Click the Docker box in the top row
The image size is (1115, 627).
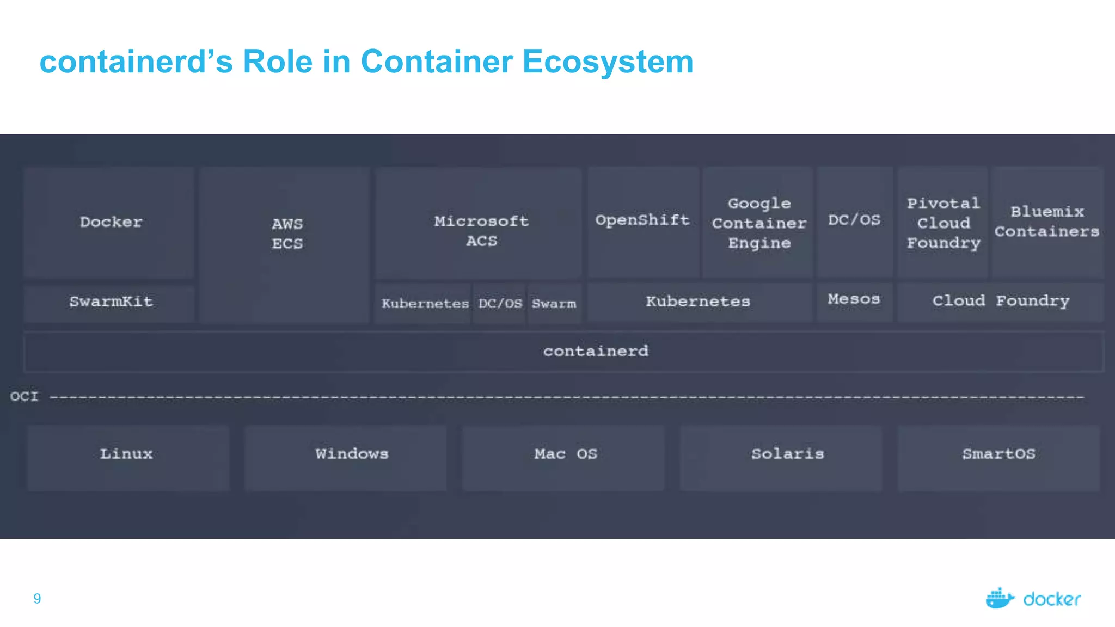(111, 222)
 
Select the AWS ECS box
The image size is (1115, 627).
(286, 234)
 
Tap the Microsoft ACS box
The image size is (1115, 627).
(481, 231)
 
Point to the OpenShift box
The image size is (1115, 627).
(642, 220)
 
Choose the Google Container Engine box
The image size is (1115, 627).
(759, 223)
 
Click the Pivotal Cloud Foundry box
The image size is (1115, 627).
(943, 223)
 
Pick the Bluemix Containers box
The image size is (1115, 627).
(1046, 222)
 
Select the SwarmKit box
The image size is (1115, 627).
(111, 302)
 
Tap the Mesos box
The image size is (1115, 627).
(854, 300)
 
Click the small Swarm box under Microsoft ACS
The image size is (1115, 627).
(554, 304)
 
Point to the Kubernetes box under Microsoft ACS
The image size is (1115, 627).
(425, 304)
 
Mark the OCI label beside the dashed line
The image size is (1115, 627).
(24, 396)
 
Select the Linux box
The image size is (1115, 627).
(127, 454)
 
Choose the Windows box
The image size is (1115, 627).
(352, 454)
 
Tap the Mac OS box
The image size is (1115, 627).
(565, 454)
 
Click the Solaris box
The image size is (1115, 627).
(787, 454)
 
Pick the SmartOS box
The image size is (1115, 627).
(998, 454)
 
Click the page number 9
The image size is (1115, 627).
(37, 599)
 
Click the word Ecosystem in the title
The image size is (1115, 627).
(608, 62)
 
